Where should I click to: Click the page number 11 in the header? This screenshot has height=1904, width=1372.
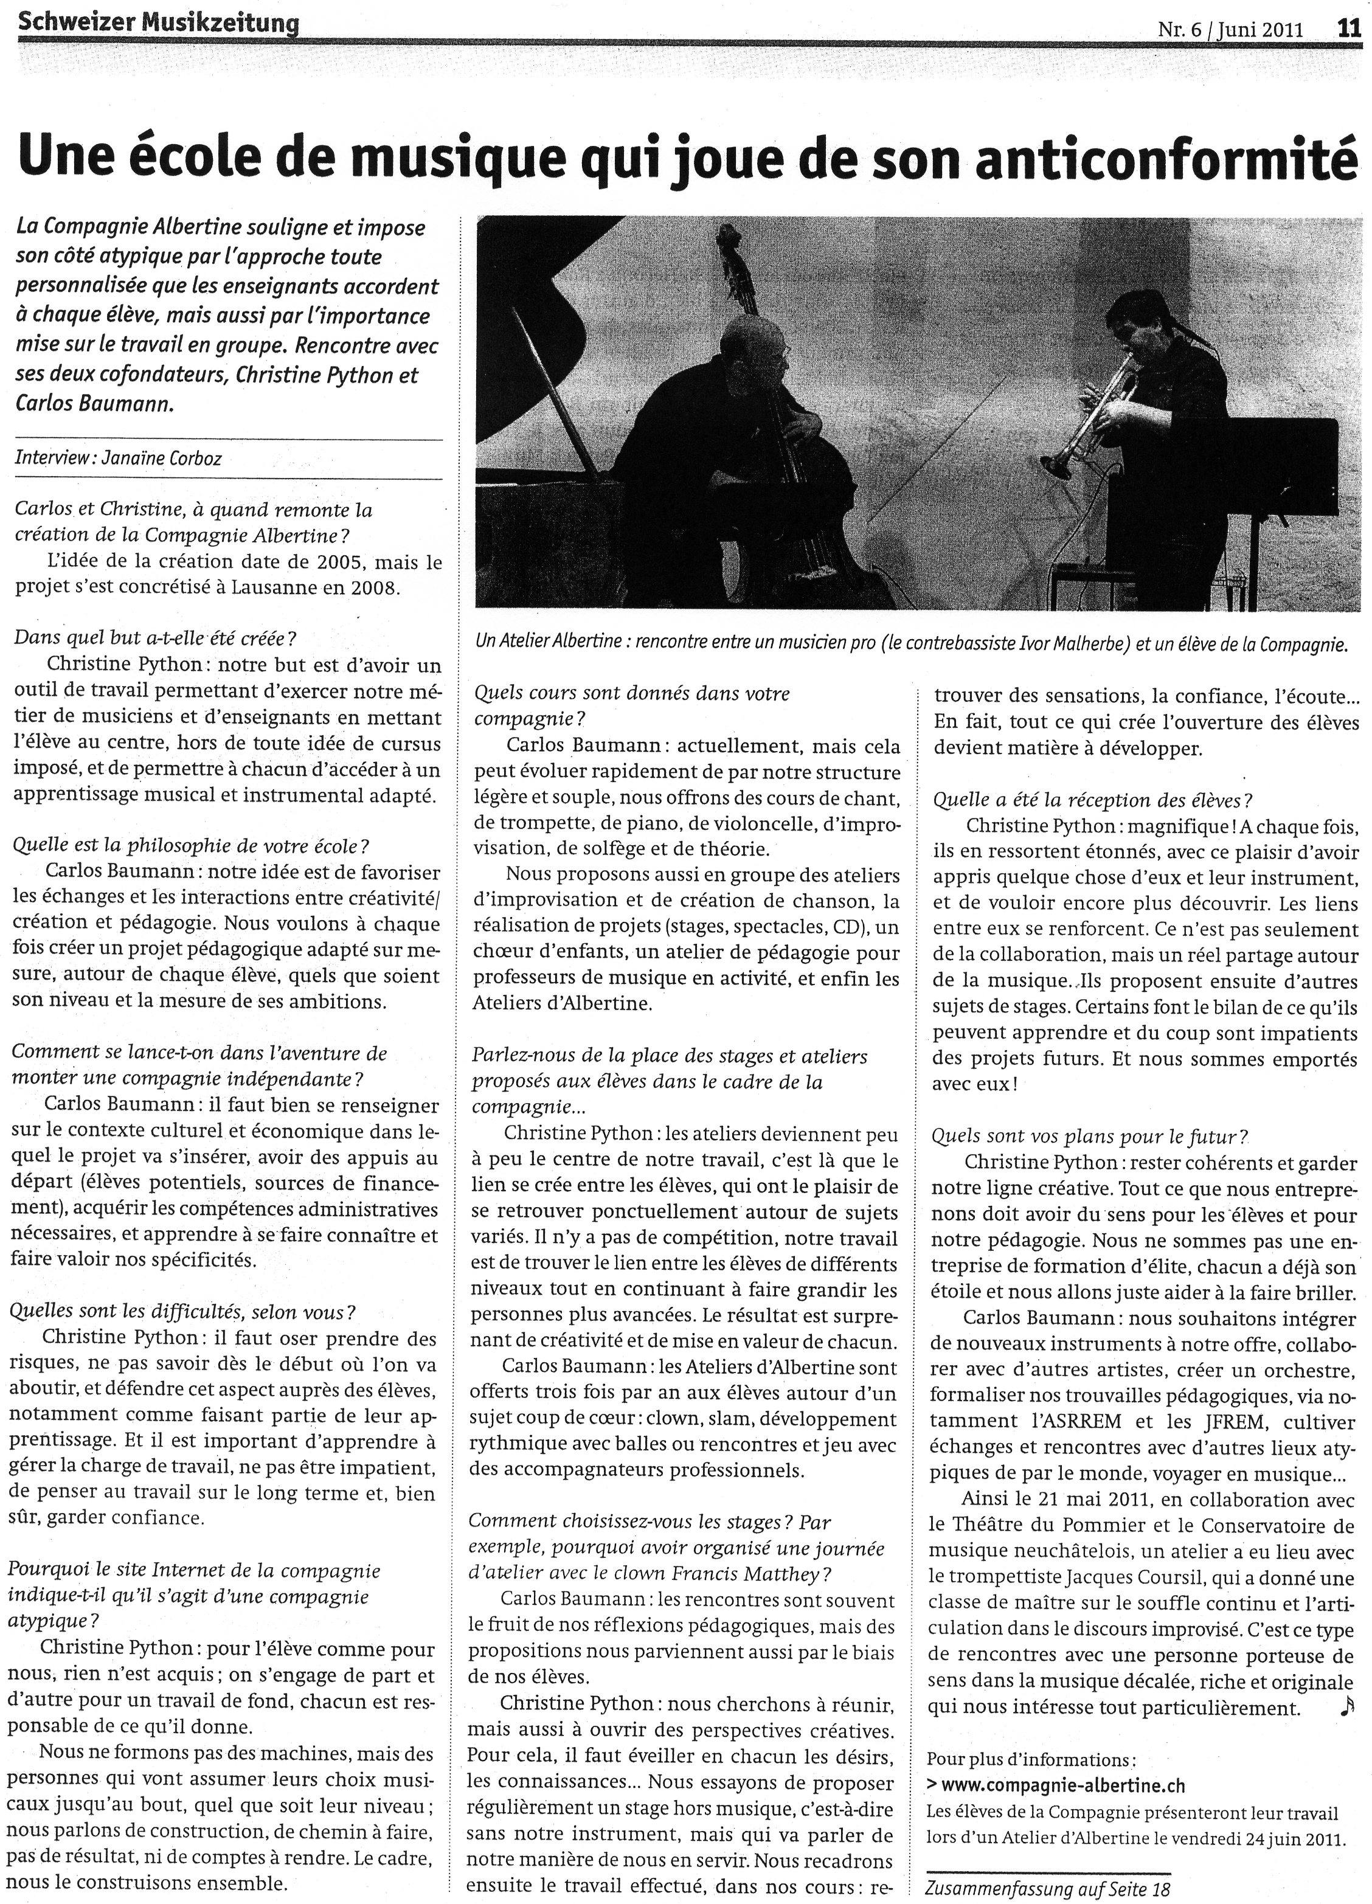tap(1348, 29)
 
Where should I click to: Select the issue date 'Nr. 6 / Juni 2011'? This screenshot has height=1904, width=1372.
tap(1230, 30)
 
